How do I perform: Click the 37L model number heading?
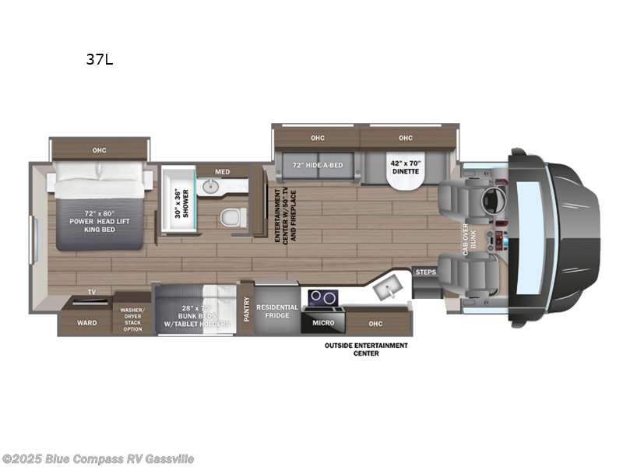pos(100,59)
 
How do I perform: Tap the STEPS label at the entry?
pos(424,272)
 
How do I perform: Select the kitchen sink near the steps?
pos(387,289)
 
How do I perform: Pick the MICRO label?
pos(324,322)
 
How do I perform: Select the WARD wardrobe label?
pos(86,322)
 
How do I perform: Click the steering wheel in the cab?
pos(491,199)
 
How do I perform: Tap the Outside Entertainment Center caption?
pos(366,349)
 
